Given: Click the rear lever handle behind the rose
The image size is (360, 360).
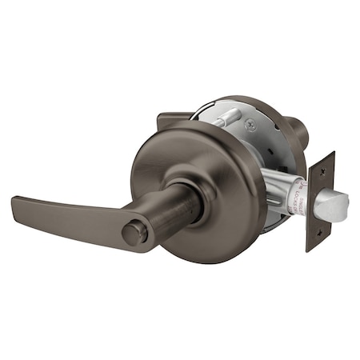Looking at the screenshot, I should (x=174, y=119).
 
